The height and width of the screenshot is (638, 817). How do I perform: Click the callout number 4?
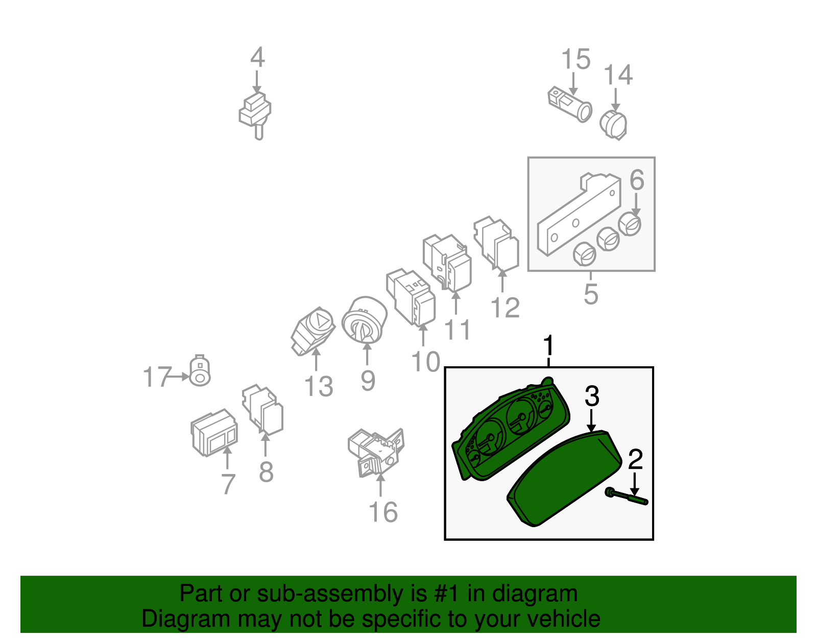point(257,58)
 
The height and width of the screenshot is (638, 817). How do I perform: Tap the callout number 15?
point(575,60)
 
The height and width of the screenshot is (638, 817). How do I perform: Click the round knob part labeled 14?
point(613,125)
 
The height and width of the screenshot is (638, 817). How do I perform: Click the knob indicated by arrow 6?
point(630,224)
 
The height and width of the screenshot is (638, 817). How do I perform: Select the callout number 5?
point(591,295)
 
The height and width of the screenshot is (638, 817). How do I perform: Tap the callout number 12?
point(504,308)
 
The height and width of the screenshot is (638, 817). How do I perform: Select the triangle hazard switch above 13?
point(313,331)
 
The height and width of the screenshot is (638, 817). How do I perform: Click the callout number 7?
point(228,484)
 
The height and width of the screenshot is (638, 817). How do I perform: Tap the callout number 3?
point(592,396)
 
